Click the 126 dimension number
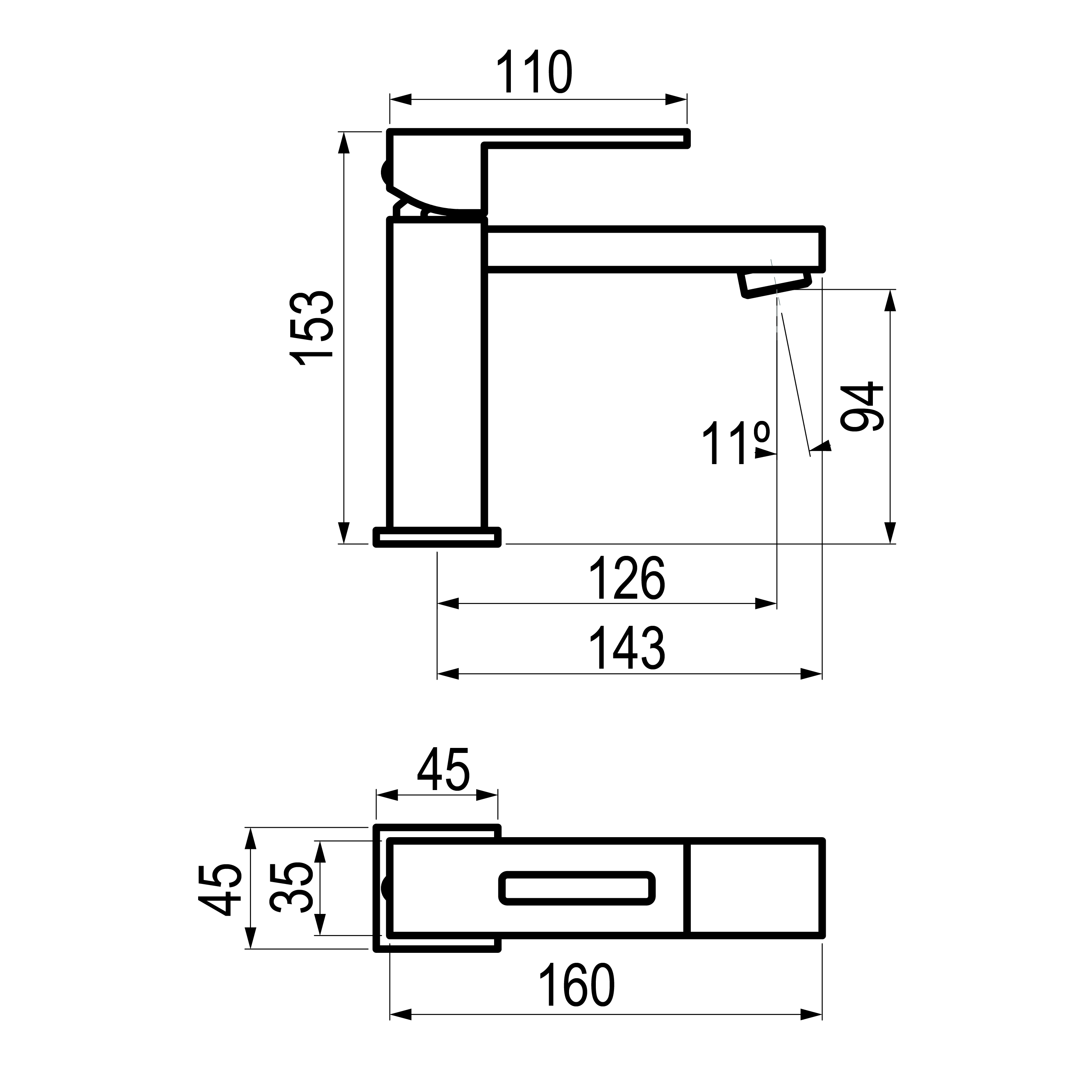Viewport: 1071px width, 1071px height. (627, 578)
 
